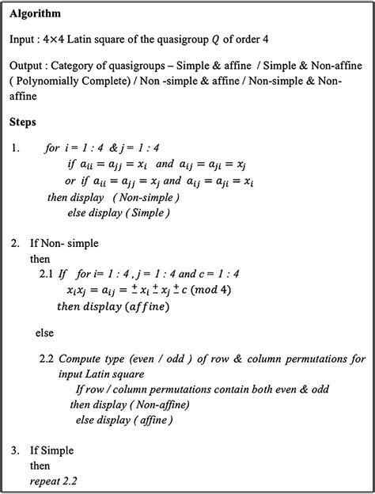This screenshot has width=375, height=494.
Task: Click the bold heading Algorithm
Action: [x=34, y=14]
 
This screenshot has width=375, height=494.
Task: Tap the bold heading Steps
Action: [x=24, y=123]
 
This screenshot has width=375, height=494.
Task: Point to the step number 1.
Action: [x=17, y=148]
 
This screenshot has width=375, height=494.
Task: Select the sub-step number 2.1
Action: [x=47, y=273]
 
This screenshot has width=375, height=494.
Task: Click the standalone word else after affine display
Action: [x=46, y=333]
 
